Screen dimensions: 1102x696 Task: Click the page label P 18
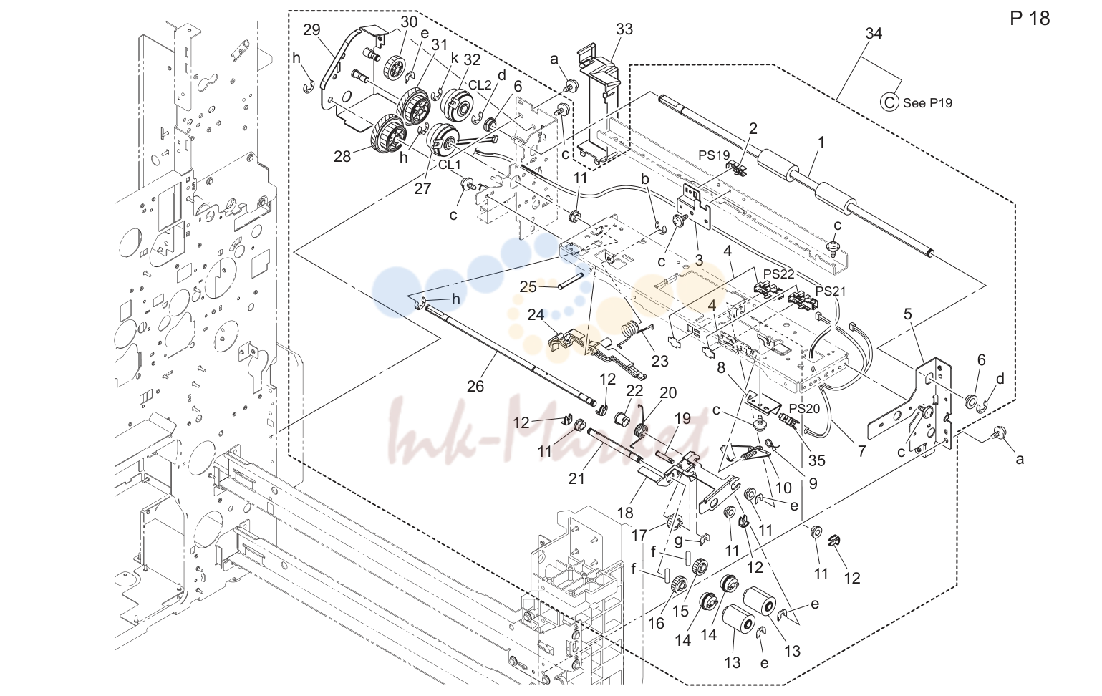coord(1030,19)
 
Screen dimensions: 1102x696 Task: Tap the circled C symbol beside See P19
coord(889,103)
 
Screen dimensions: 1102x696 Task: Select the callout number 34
coord(874,34)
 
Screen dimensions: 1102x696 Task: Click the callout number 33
coord(624,29)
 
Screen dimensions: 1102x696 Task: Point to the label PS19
coord(715,155)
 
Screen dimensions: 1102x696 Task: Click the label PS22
coord(779,274)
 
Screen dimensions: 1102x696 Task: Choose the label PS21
coord(831,291)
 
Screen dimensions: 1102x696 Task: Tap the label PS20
coord(805,409)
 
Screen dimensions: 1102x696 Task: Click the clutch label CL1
coord(449,165)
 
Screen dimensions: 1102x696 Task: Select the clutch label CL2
coord(480,85)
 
